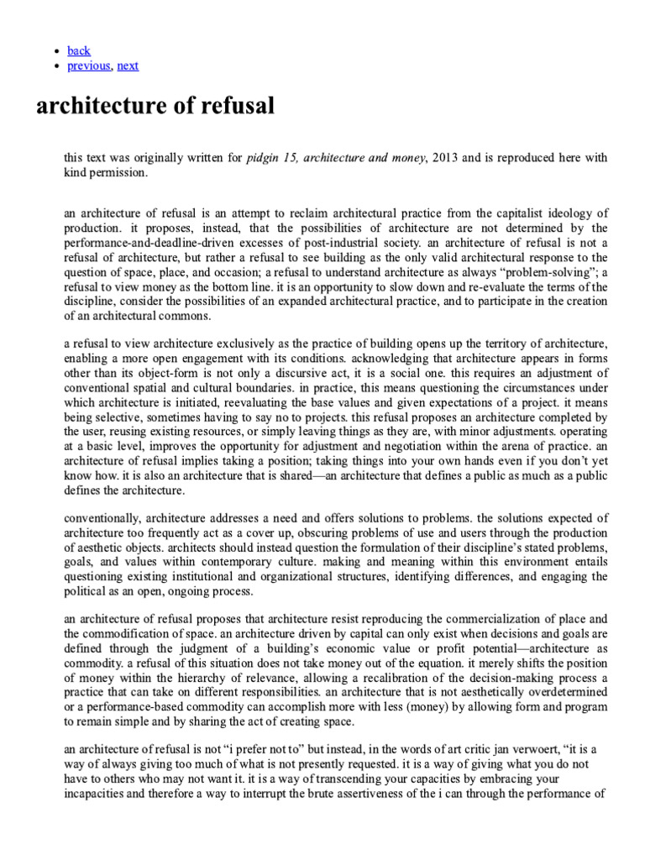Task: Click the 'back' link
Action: (79, 50)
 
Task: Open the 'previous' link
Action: (88, 66)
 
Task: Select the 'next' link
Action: (128, 66)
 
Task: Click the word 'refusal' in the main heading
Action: (232, 107)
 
